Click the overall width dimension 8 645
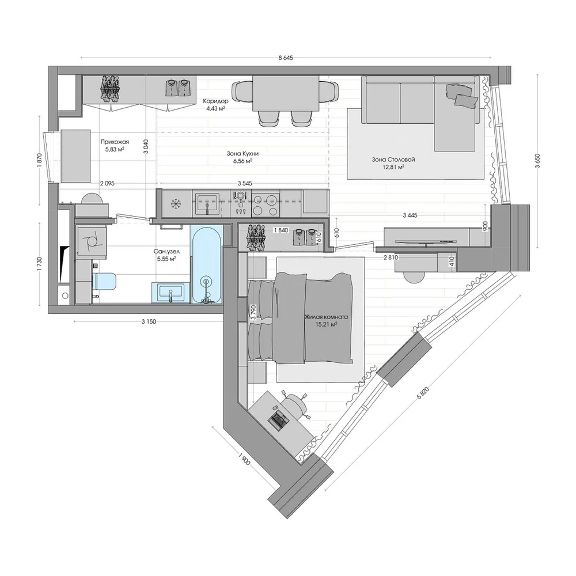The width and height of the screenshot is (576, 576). point(286,58)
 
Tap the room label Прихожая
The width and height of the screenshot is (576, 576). point(115,142)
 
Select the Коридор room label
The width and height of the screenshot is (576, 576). point(215,101)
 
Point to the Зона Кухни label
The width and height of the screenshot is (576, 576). point(242,154)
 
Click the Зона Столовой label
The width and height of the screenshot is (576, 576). point(393,160)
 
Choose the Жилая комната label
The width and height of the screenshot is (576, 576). point(326,317)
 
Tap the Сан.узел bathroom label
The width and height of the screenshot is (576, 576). point(167,252)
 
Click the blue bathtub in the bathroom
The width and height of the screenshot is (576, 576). point(206,264)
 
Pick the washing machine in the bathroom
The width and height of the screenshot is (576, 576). point(91,241)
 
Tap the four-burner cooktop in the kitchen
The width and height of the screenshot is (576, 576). point(265,204)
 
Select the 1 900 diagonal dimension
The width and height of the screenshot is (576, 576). point(244,459)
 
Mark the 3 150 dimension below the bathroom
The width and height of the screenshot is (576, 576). point(149,322)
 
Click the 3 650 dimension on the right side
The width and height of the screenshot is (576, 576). point(538,161)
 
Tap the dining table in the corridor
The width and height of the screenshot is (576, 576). point(286,93)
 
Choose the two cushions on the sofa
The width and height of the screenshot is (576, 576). point(462,95)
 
